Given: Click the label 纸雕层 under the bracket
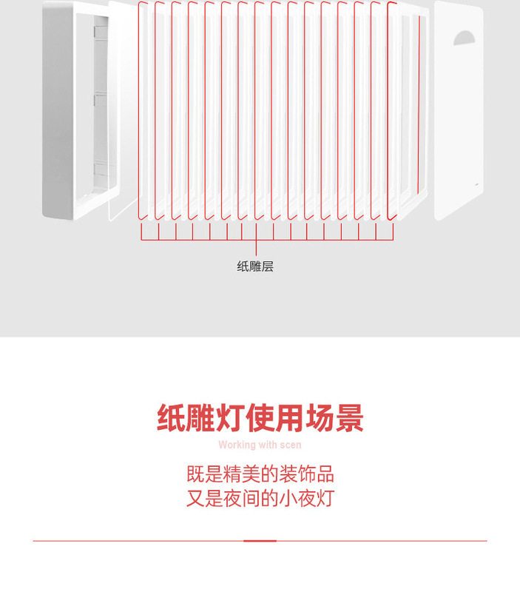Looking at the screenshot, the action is click(x=255, y=266).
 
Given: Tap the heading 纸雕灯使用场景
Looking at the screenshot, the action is click(x=260, y=419).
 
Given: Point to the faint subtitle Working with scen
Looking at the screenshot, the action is click(x=260, y=445).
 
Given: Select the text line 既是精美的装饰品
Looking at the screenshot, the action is click(x=260, y=474).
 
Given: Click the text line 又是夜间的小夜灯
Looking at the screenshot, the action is click(x=260, y=498).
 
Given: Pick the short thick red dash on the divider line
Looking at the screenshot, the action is click(x=260, y=541).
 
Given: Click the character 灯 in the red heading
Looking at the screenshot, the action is click(x=229, y=419).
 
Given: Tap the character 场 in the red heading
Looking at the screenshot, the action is click(x=319, y=419).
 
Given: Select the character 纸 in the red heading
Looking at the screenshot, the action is click(x=171, y=419).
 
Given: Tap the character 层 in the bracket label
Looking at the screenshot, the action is click(x=268, y=266).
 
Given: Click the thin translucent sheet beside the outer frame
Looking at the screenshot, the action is click(x=123, y=111).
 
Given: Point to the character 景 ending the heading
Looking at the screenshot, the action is click(x=349, y=419).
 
